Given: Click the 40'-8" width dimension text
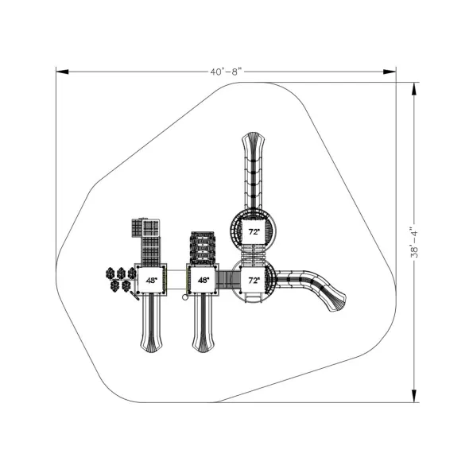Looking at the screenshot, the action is click(x=227, y=72).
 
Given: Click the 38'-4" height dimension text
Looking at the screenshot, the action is click(x=415, y=242).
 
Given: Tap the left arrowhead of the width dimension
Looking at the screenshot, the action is click(x=63, y=72).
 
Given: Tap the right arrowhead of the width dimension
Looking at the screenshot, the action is click(x=390, y=72).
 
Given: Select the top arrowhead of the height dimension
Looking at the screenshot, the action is click(x=414, y=89).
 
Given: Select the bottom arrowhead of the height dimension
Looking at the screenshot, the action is click(x=414, y=396).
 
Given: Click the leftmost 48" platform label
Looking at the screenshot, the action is click(x=152, y=281).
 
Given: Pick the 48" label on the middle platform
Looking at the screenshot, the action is click(x=204, y=281).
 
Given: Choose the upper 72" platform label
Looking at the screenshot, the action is click(x=254, y=232).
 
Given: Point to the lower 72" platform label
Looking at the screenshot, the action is click(x=254, y=281).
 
